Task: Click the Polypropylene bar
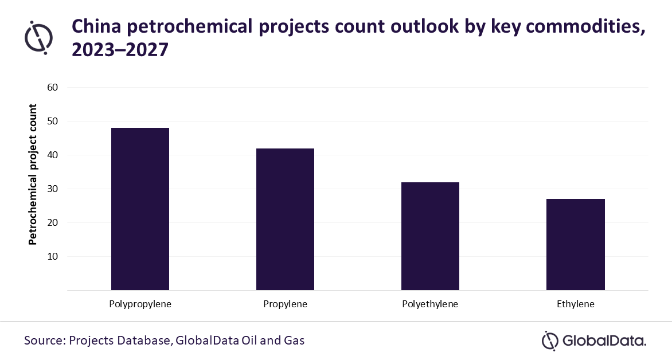pyautogui.click(x=140, y=209)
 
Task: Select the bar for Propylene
pyautogui.click(x=285, y=219)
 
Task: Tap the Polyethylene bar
pyautogui.click(x=430, y=236)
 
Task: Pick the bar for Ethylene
pyautogui.click(x=576, y=244)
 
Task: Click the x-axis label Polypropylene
pyautogui.click(x=140, y=304)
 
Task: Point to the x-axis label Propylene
pyautogui.click(x=285, y=304)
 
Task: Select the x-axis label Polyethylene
pyautogui.click(x=430, y=304)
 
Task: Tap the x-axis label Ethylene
pyautogui.click(x=576, y=304)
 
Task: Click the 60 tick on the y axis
pyautogui.click(x=53, y=88)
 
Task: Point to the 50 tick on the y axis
pyautogui.click(x=53, y=122)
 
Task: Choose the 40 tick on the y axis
pyautogui.click(x=53, y=155)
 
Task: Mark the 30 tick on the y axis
pyautogui.click(x=53, y=189)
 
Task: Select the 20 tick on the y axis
pyautogui.click(x=53, y=223)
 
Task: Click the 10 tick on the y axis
pyautogui.click(x=53, y=257)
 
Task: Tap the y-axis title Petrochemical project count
pyautogui.click(x=33, y=174)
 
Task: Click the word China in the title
pyautogui.click(x=96, y=26)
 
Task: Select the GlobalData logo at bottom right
pyautogui.click(x=594, y=341)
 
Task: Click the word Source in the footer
pyautogui.click(x=44, y=341)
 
